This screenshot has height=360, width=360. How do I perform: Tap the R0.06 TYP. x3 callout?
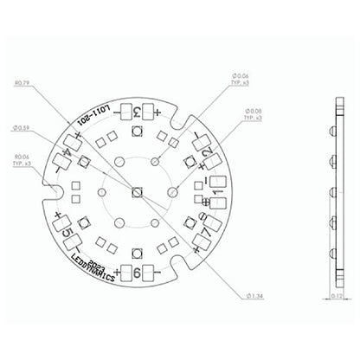(x=25, y=160)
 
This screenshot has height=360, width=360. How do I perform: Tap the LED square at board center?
(x=138, y=191)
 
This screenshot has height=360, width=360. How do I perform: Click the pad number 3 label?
(x=137, y=112)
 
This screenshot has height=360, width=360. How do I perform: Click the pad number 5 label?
(x=68, y=231)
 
